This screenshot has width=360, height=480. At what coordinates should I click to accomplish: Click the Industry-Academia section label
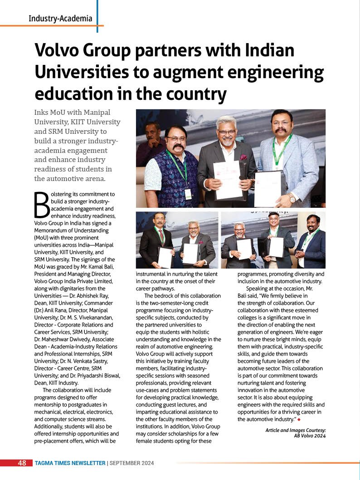tap(60, 19)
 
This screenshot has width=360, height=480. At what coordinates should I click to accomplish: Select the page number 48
tap(22, 463)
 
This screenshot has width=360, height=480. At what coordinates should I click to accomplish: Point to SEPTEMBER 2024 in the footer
tap(132, 463)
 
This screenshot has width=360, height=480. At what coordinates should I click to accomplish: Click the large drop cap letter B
tap(42, 205)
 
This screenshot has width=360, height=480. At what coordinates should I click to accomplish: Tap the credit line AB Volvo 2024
tap(310, 436)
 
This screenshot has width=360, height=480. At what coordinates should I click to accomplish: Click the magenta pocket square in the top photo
tap(243, 157)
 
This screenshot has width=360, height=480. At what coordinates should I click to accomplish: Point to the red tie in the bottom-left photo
tap(161, 236)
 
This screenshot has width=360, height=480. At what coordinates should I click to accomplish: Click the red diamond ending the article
tap(299, 419)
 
